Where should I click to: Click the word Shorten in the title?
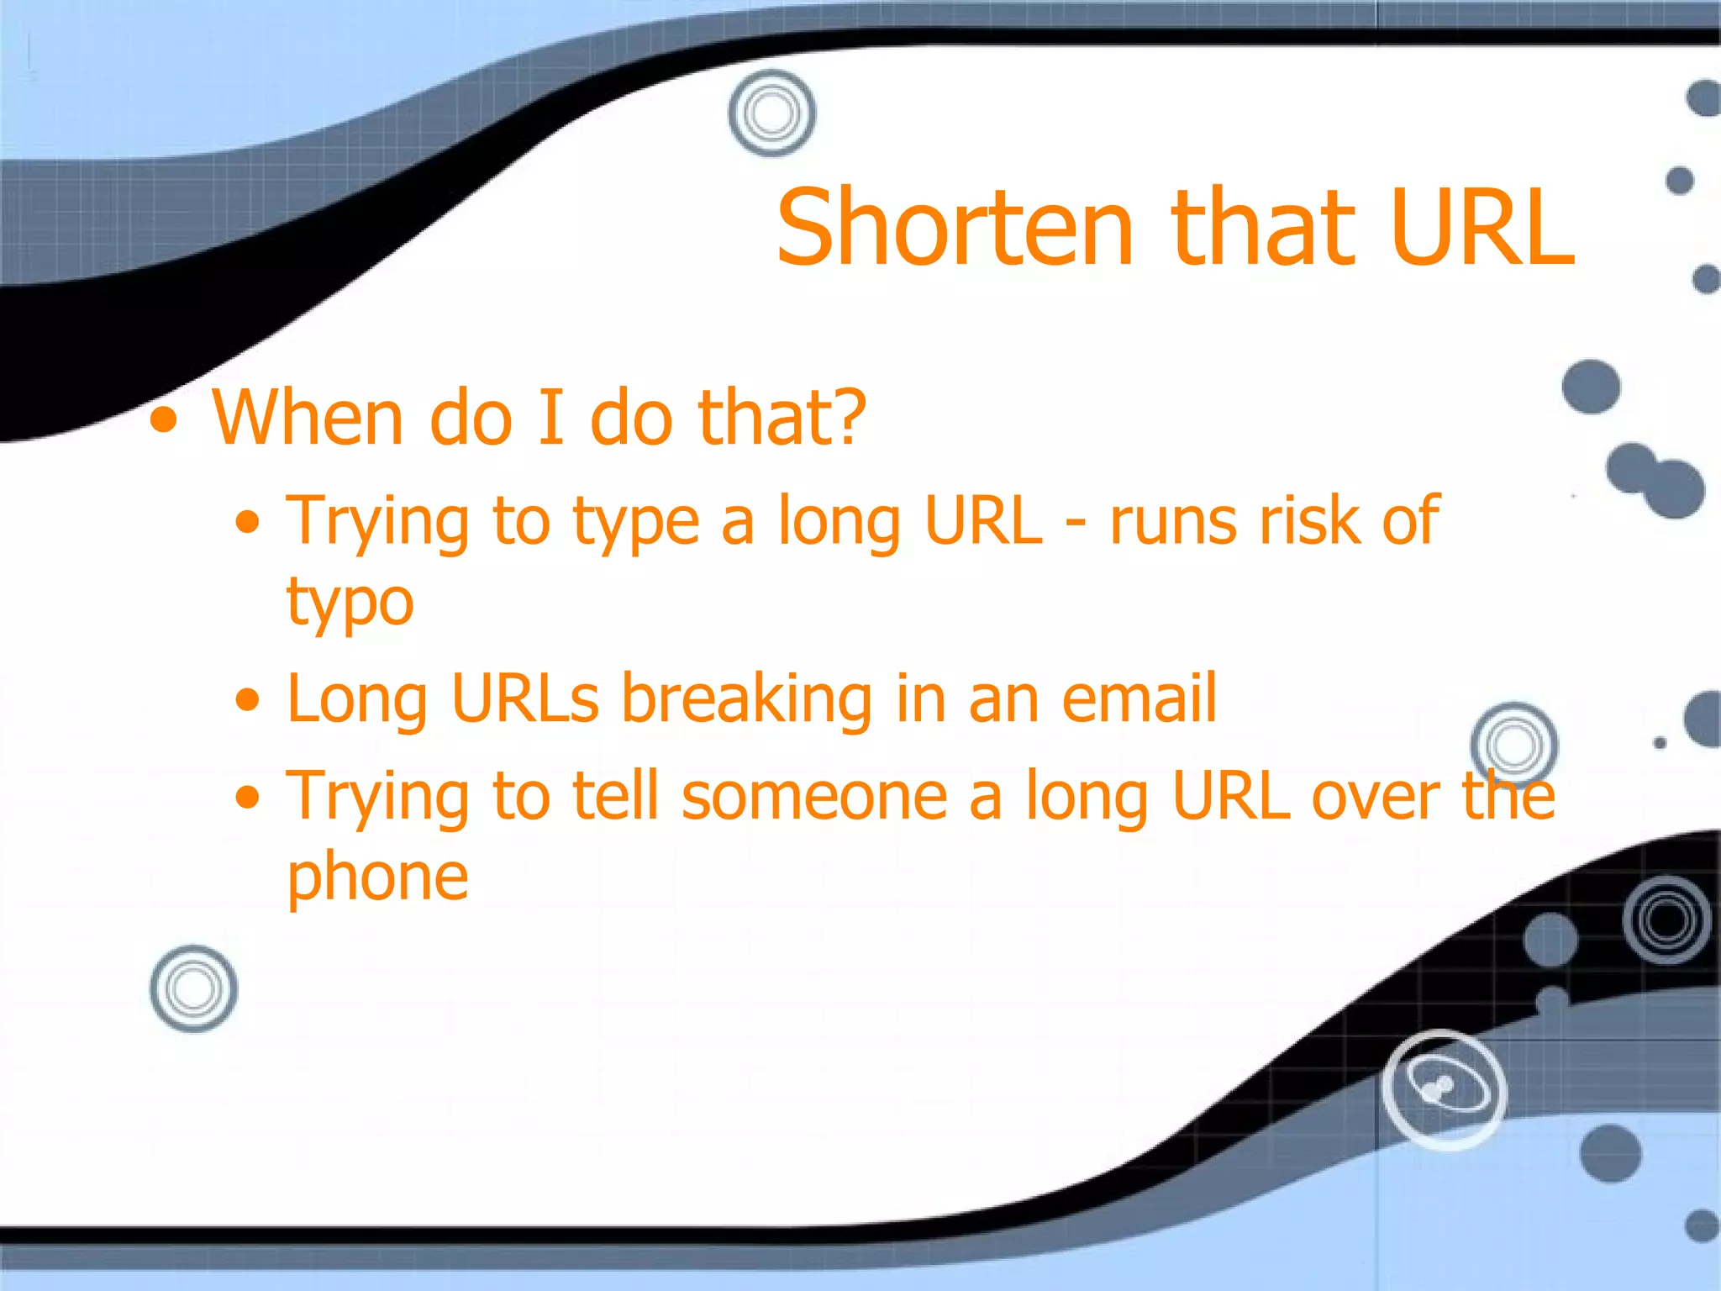[x=955, y=228]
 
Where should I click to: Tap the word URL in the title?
[x=1481, y=228]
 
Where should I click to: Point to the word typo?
[x=350, y=603]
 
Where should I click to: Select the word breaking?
[x=747, y=699]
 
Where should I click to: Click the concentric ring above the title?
[x=771, y=113]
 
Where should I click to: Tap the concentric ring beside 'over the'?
[x=1513, y=745]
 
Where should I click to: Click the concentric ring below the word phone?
[x=193, y=988]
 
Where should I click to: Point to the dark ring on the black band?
[x=1666, y=920]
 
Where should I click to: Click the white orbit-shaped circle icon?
[x=1444, y=1089]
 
